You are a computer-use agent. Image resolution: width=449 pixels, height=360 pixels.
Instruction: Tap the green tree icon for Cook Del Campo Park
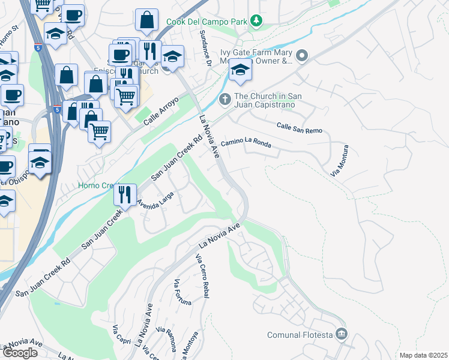point(257,22)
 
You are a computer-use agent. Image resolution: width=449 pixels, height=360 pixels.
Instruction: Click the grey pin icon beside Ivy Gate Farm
point(301,56)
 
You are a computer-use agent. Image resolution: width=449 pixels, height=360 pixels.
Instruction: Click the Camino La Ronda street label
point(246,143)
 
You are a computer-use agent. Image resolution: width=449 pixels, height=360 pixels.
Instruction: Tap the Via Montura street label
point(339,160)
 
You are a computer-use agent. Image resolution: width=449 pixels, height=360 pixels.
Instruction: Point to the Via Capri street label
point(116,338)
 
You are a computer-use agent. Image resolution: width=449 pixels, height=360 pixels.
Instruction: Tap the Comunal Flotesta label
point(300,334)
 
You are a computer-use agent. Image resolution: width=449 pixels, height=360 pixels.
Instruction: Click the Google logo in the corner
point(19,352)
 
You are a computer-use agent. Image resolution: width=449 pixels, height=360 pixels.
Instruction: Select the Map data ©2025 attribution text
point(423,355)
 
